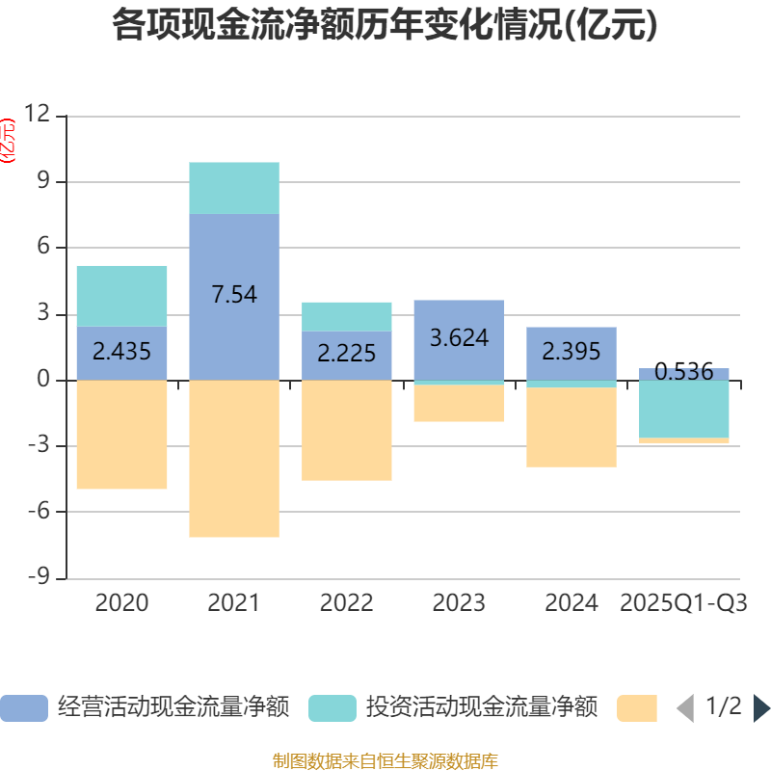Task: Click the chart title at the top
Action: (x=385, y=25)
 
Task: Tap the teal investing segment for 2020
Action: (x=122, y=296)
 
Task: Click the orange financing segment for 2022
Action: (x=347, y=430)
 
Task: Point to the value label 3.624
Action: (x=459, y=338)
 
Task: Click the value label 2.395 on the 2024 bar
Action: (x=572, y=352)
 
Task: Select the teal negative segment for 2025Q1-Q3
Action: (x=684, y=409)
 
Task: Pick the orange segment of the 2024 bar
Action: (x=572, y=427)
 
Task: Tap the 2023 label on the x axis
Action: (x=459, y=603)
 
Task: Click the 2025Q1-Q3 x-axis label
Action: (x=684, y=603)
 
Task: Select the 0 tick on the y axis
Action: (x=42, y=380)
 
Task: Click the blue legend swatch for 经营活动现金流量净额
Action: (x=23, y=708)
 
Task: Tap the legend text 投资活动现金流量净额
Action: (x=482, y=708)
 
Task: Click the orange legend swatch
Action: (x=636, y=708)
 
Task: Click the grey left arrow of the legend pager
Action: (x=684, y=708)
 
